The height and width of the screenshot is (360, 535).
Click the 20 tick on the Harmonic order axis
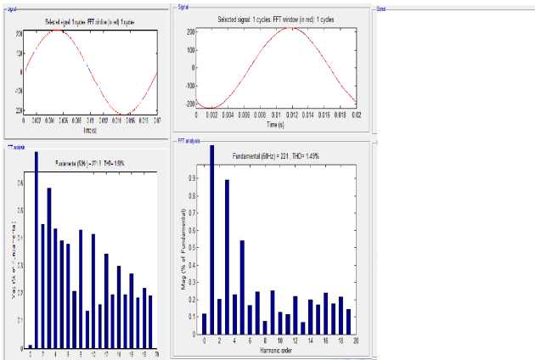356,340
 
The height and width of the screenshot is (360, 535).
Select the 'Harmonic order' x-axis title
276,350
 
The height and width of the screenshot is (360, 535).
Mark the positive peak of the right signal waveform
291,28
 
